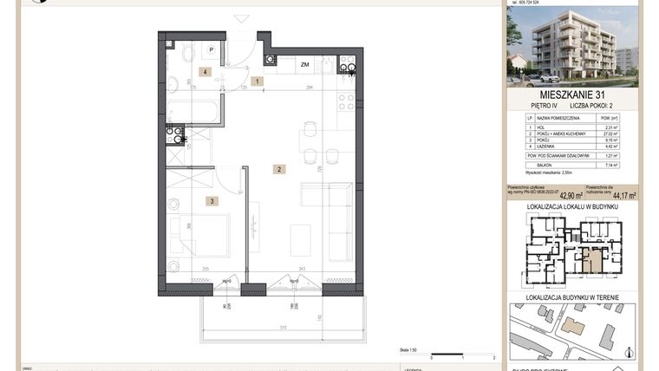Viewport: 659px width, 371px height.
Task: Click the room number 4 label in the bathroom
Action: pyautogui.click(x=206, y=72)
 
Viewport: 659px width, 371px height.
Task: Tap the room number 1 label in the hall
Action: pyautogui.click(x=257, y=81)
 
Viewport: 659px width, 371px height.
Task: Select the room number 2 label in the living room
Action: pyautogui.click(x=279, y=169)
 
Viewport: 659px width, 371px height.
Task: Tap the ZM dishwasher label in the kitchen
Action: pyautogui.click(x=304, y=65)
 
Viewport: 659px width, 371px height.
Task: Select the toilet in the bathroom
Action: pyautogui.click(x=174, y=83)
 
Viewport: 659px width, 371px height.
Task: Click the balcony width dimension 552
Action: pyautogui.click(x=283, y=327)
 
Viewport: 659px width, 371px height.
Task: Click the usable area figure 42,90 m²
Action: pyautogui.click(x=566, y=196)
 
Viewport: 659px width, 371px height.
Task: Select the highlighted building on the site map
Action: pyautogui.click(x=573, y=326)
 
